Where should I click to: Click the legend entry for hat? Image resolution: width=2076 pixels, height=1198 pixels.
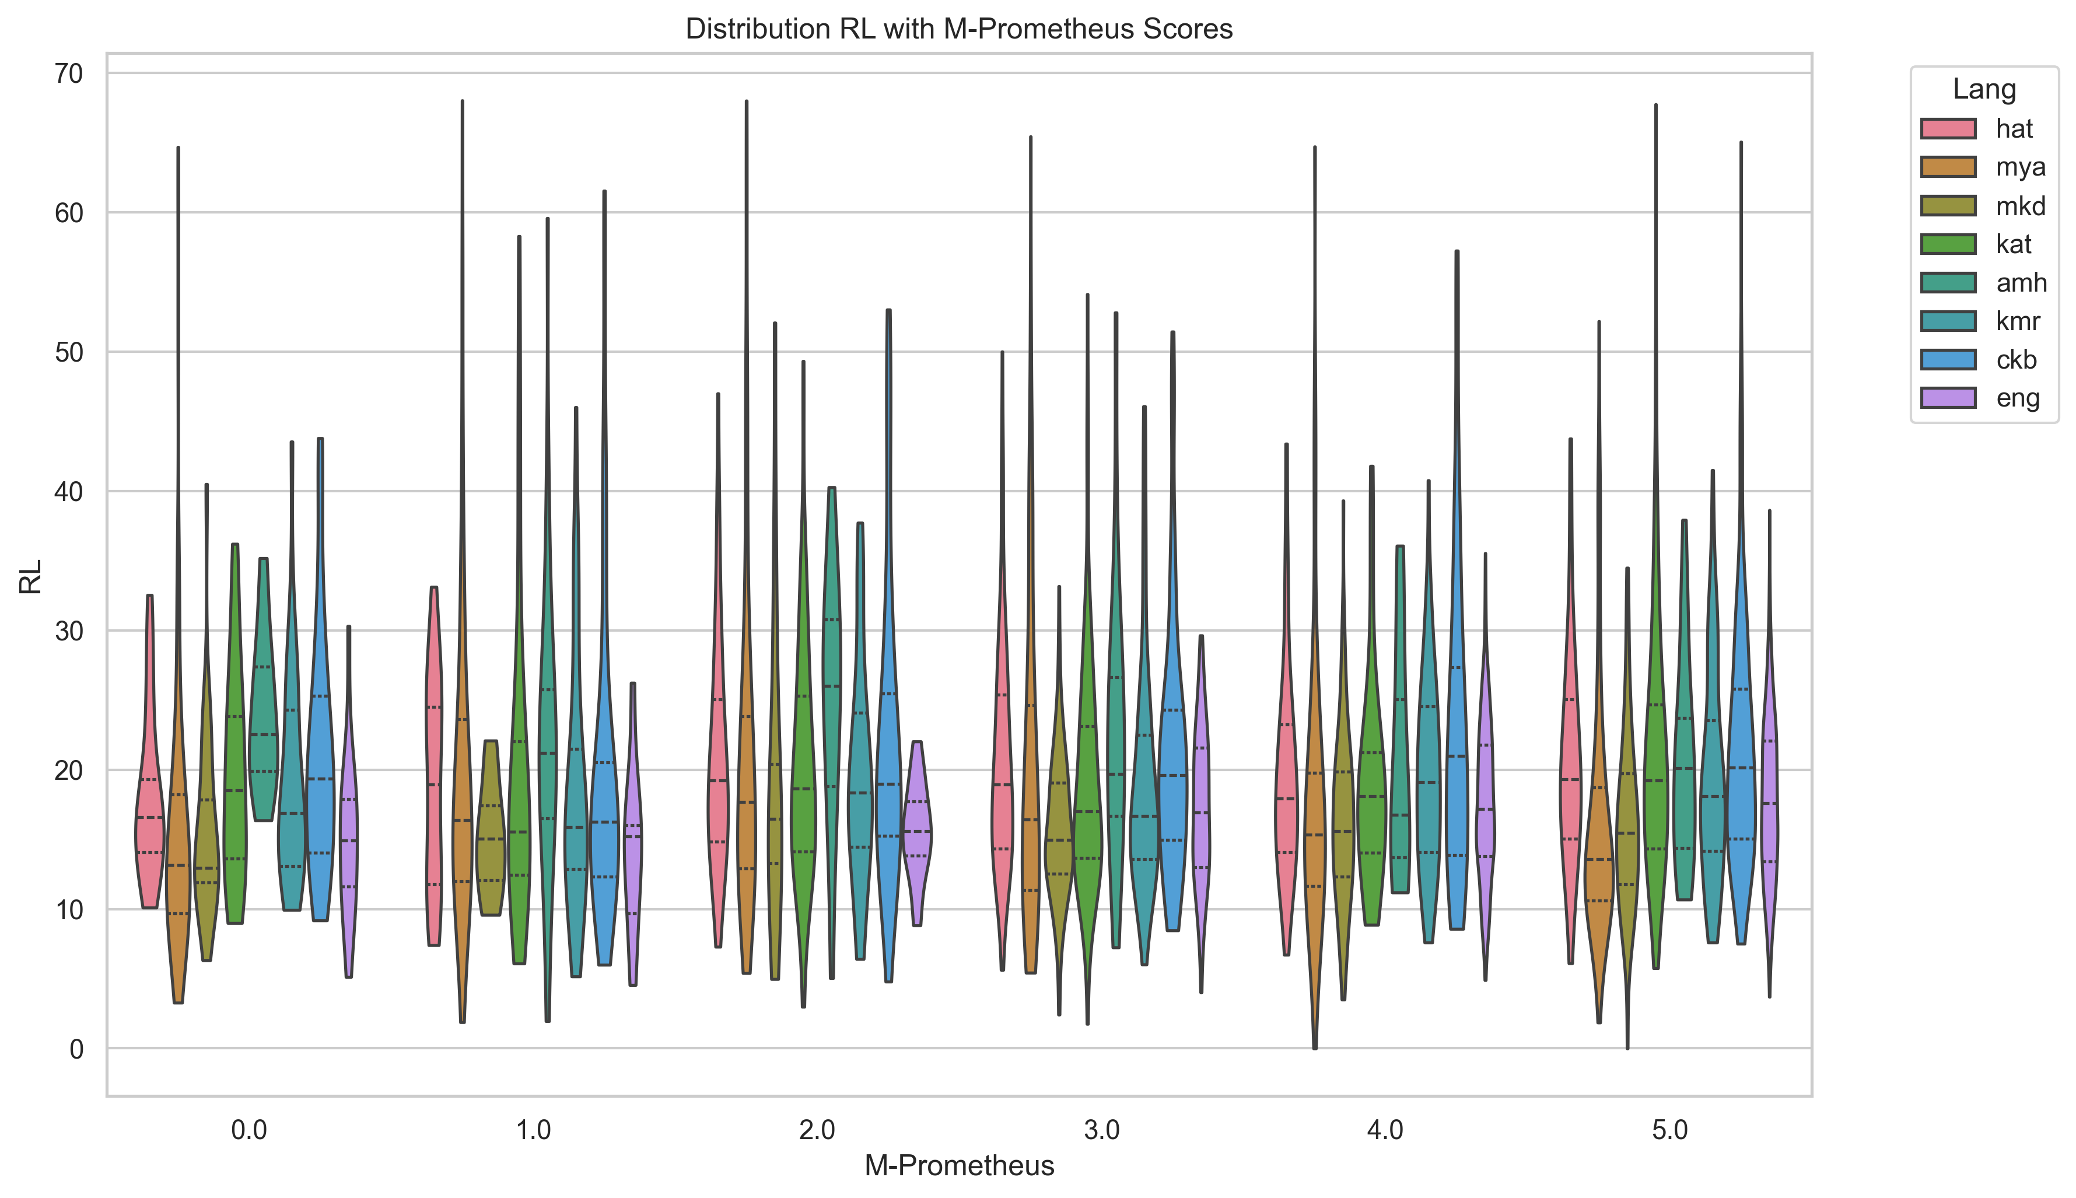2014,128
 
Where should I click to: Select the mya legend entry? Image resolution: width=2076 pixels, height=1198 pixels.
2020,167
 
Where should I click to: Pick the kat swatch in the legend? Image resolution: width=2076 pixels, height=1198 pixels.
1948,244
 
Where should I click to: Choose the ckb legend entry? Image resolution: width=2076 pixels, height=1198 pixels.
2016,359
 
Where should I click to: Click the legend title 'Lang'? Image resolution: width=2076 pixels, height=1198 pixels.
1984,89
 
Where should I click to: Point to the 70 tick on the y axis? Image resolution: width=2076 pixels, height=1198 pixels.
69,74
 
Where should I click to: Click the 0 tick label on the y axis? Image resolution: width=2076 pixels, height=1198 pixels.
76,1049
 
